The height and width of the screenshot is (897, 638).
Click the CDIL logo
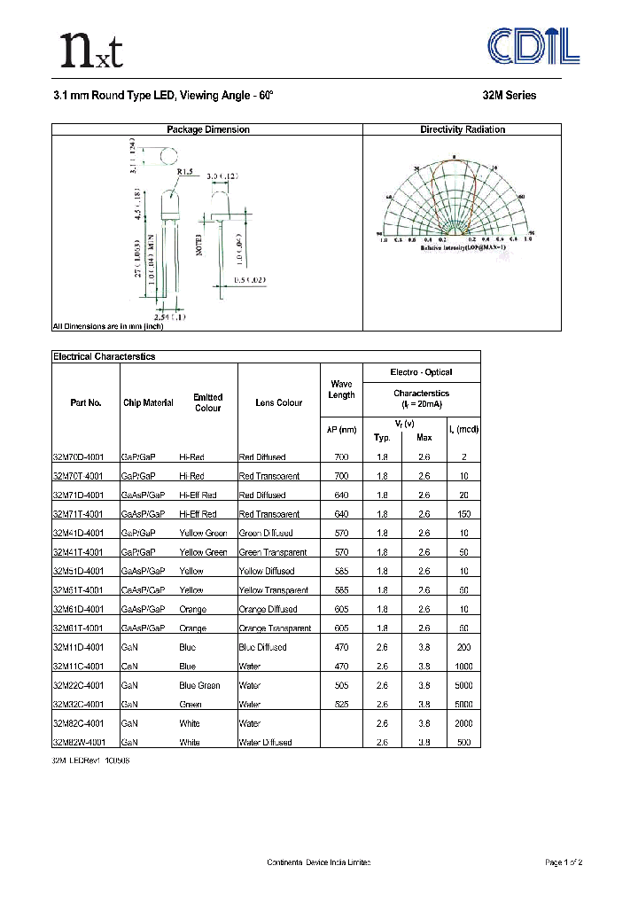click(x=535, y=46)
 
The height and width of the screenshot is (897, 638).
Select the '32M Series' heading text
click(x=509, y=96)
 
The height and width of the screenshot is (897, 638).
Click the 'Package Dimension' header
click(x=208, y=129)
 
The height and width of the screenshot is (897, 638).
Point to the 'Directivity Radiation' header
click(x=463, y=129)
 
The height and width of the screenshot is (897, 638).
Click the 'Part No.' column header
click(x=86, y=402)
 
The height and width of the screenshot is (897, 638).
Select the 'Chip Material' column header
click(x=148, y=402)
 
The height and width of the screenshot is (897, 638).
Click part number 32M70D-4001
click(x=79, y=457)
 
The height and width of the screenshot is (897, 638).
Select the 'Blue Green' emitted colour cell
click(x=199, y=686)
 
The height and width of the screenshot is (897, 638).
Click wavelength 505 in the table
click(x=342, y=686)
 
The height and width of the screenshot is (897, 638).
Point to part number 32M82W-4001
click(x=79, y=743)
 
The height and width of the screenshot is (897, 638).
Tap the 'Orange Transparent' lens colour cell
click(x=276, y=628)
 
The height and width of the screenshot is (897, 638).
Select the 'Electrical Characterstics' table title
click(x=105, y=356)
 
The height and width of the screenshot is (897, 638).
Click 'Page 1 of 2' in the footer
click(x=563, y=862)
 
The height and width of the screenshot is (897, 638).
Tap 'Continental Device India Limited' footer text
click(x=318, y=862)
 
